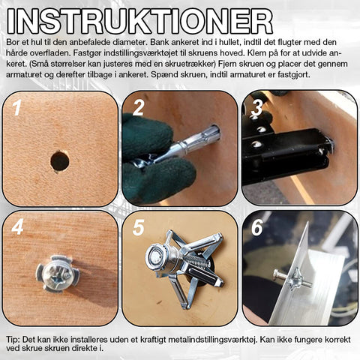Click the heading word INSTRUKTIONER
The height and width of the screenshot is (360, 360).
[140, 22]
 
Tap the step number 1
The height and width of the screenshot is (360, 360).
[17, 107]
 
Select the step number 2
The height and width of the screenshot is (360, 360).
[139, 108]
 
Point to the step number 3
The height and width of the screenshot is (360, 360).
[256, 107]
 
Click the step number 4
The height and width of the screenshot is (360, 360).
[17, 226]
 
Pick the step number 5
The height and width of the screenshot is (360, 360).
[139, 227]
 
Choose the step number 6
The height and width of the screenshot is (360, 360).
[257, 227]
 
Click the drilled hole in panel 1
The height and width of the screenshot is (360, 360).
[60, 161]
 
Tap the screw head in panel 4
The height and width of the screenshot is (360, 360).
[57, 274]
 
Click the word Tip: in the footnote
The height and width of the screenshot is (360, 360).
[13, 340]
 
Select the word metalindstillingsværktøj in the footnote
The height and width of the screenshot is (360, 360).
[212, 340]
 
